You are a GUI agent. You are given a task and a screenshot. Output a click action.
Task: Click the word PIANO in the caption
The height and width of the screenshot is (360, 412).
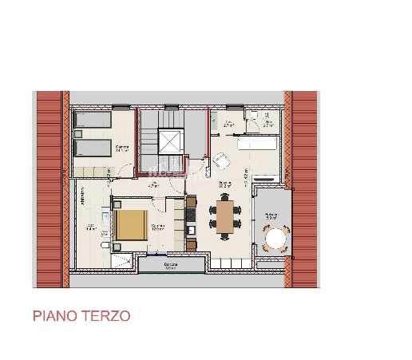tap(55, 316)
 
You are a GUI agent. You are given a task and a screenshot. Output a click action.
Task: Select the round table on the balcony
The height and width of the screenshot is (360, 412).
tap(276, 239)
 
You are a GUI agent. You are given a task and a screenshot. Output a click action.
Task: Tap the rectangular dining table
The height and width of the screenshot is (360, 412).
tap(225, 217)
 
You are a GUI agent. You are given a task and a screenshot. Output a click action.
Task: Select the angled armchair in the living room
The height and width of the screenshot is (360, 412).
tap(221, 161)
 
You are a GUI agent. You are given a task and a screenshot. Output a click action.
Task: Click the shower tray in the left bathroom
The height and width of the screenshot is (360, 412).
tap(120, 260)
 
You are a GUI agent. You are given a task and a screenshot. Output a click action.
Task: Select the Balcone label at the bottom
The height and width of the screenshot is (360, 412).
tap(170, 266)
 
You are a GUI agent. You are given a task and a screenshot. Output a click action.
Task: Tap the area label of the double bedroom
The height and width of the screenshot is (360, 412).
tap(157, 227)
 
